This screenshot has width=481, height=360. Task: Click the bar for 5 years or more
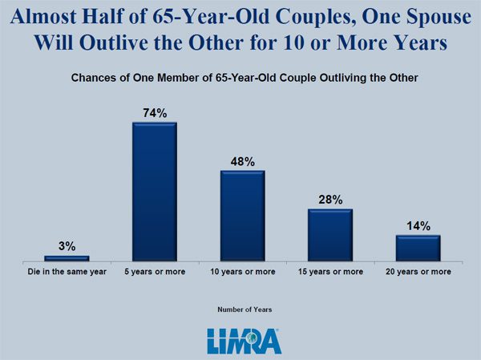155,192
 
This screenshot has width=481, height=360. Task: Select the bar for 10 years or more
243,216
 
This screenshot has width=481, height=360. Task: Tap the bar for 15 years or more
330,235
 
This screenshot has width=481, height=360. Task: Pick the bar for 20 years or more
418,248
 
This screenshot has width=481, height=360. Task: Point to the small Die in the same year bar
67,258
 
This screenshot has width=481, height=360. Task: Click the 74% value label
155,114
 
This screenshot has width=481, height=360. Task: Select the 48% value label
243,162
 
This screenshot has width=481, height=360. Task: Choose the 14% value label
418,226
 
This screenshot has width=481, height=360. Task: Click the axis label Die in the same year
67,273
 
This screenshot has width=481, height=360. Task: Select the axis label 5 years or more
155,273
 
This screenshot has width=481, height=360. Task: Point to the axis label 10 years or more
243,273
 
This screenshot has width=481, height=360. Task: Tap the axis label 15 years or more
330,273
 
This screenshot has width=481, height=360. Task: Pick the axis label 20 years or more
418,273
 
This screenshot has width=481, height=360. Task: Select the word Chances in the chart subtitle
95,78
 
